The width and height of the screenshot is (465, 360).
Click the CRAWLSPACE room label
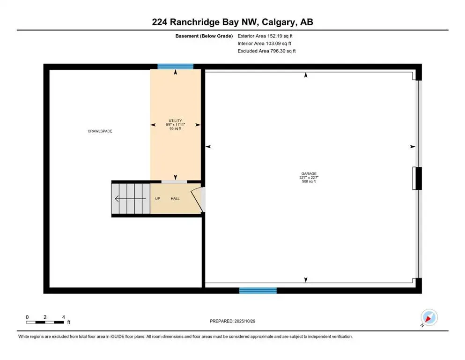pos(100,131)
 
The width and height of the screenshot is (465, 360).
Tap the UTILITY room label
pos(175,120)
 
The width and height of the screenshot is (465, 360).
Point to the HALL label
pos(175,199)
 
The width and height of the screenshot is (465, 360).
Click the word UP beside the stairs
pos(158,199)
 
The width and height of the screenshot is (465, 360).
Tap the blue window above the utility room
pos(175,66)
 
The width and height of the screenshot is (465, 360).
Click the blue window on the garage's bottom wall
pos(258,291)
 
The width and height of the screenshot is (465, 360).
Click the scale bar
pos(45,322)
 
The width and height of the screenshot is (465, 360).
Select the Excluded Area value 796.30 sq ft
pos(266,51)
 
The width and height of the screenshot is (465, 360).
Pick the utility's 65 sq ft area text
pos(175,128)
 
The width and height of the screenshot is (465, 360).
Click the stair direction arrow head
pos(116,199)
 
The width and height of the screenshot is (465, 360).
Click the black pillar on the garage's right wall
pos(417,178)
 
